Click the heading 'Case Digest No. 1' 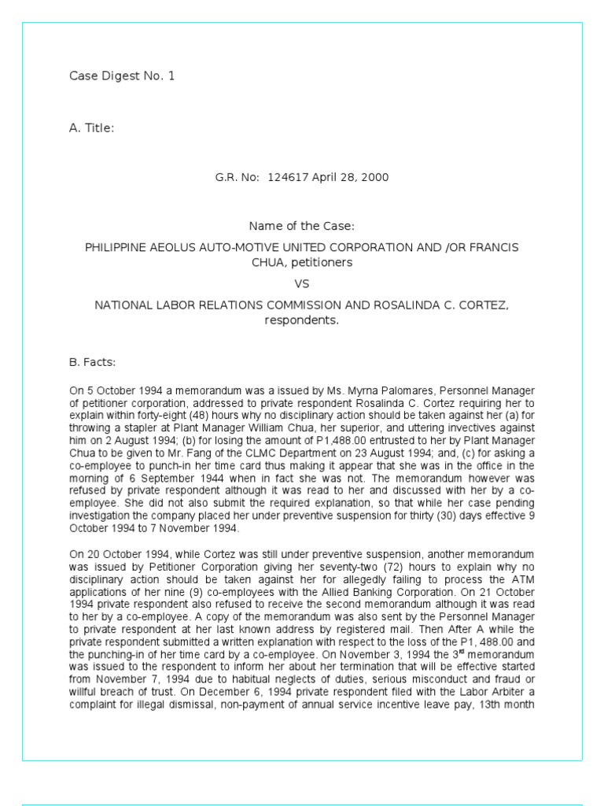122,76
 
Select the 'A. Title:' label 92,128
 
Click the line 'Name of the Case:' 301,227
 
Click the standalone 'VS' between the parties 301,283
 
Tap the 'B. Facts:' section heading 93,362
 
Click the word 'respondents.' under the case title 301,320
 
